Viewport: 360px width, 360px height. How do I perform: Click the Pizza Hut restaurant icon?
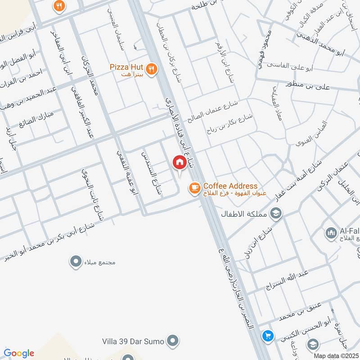[x=152, y=69]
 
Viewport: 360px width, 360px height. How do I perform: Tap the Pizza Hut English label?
[x=126, y=67]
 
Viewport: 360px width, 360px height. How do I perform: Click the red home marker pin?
[x=179, y=162]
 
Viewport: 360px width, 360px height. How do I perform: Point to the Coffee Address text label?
[x=230, y=186]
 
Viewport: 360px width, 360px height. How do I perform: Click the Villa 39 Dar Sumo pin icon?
[x=172, y=341]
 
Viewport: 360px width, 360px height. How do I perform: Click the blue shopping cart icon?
[x=268, y=336]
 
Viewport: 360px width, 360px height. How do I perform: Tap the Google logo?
[x=19, y=353]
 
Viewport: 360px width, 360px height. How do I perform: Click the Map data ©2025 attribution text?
[x=335, y=355]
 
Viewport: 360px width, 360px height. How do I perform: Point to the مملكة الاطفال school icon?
[x=276, y=213]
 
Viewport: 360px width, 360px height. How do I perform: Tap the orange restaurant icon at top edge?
[x=59, y=6]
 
